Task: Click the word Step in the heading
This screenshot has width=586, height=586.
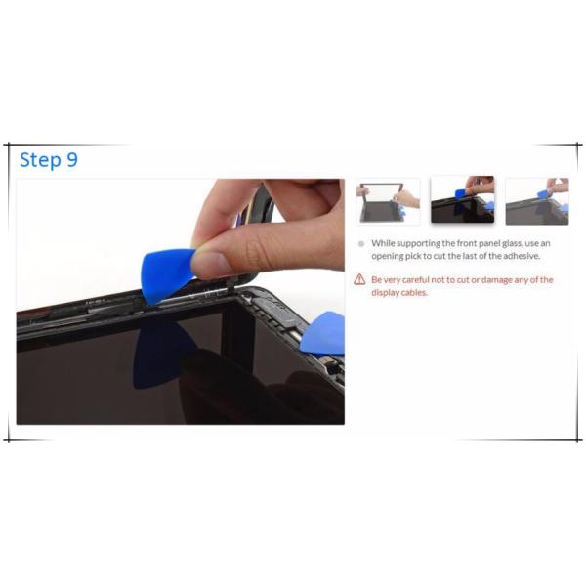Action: point(40,160)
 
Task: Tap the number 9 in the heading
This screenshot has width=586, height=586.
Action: point(72,159)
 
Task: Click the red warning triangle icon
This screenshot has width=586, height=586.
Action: point(359,279)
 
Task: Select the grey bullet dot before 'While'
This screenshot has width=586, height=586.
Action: point(361,244)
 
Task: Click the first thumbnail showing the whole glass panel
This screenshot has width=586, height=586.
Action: point(389,202)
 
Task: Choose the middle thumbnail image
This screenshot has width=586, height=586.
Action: point(463,199)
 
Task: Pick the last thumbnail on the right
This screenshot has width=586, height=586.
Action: point(537,202)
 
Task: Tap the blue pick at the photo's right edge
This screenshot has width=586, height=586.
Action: point(323,333)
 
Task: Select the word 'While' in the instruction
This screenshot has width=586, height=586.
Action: point(383,243)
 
